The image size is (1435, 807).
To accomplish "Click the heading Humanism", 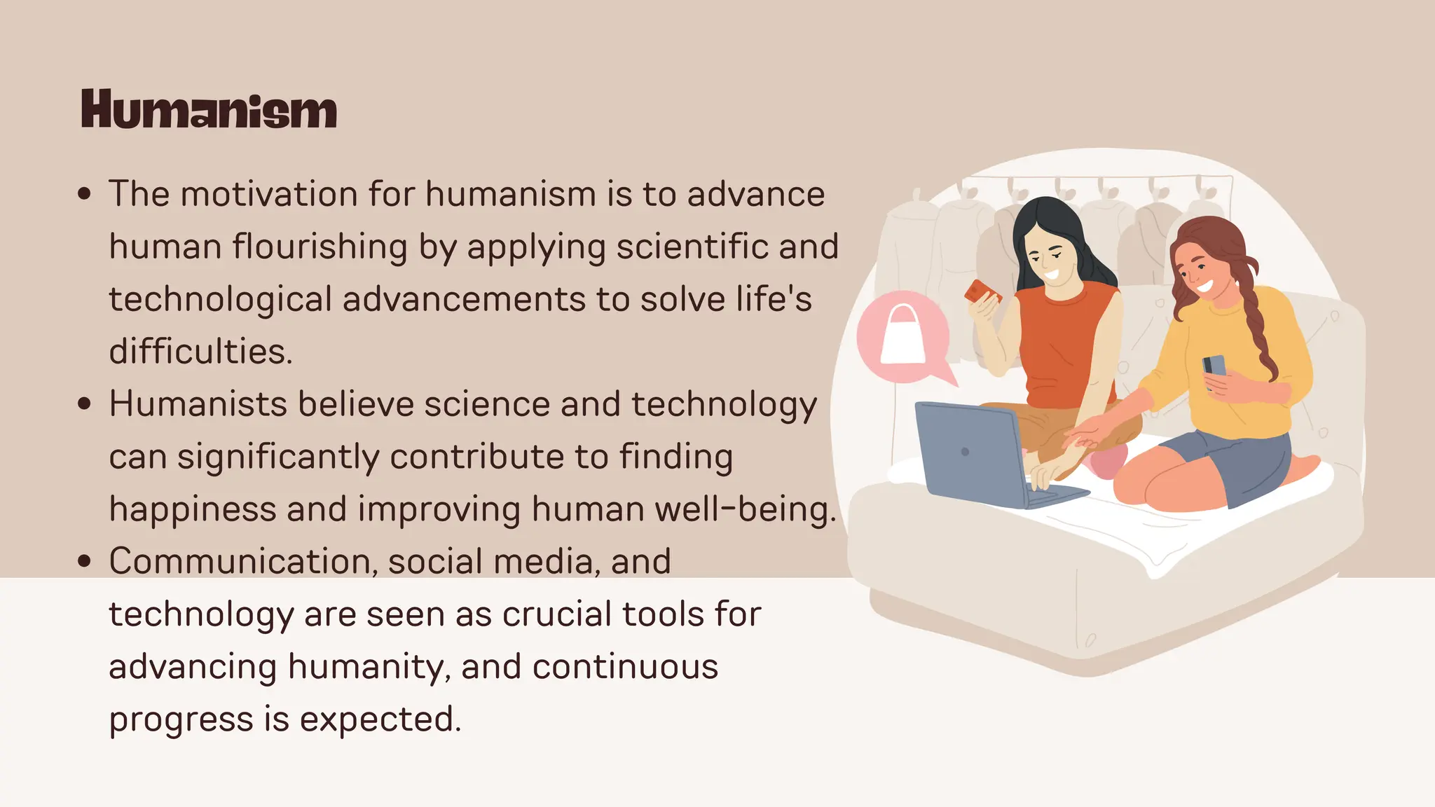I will click(x=209, y=109).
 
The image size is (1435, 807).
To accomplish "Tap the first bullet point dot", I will click(x=85, y=194).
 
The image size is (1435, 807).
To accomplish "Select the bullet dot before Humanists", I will click(x=85, y=404).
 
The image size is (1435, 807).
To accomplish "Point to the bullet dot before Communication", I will click(x=85, y=561).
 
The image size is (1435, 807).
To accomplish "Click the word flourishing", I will click(x=320, y=247).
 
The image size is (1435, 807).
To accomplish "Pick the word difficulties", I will click(x=200, y=352).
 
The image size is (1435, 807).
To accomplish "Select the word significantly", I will click(x=278, y=457).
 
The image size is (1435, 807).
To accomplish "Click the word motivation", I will click(x=269, y=194).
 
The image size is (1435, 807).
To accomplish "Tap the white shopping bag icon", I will click(x=903, y=336).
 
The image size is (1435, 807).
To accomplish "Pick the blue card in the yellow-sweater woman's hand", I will click(x=1214, y=366).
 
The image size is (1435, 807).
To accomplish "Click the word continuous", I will click(x=625, y=667).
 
